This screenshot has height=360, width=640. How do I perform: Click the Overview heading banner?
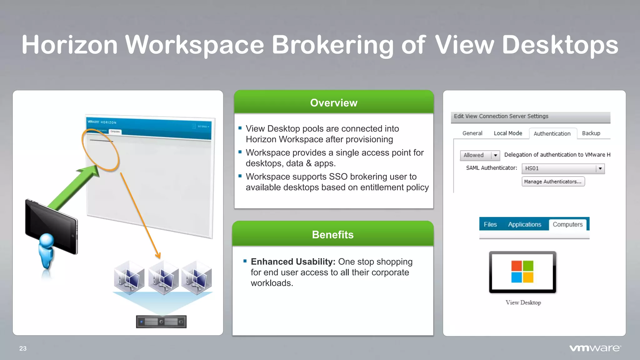pyautogui.click(x=333, y=102)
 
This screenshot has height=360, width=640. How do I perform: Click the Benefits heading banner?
pyautogui.click(x=332, y=234)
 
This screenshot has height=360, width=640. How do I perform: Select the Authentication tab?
pyautogui.click(x=552, y=133)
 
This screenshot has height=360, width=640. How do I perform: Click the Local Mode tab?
pyautogui.click(x=508, y=133)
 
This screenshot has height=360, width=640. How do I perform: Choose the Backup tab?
pyautogui.click(x=591, y=133)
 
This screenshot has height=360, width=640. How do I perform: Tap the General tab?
pyautogui.click(x=472, y=133)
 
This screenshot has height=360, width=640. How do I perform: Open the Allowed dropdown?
pyautogui.click(x=480, y=155)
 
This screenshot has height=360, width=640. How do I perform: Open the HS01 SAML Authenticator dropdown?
pyautogui.click(x=563, y=168)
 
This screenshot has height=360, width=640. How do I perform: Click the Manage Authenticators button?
pyautogui.click(x=553, y=182)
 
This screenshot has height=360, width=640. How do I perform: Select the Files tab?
pyautogui.click(x=490, y=224)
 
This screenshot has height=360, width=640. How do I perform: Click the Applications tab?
pyautogui.click(x=524, y=224)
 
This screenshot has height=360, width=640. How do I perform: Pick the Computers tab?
pyautogui.click(x=567, y=224)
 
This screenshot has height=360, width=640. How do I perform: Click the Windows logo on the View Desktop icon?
pyautogui.click(x=522, y=272)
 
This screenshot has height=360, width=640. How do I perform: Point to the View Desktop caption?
pyautogui.click(x=523, y=302)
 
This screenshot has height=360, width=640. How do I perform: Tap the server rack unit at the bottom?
pyautogui.click(x=161, y=322)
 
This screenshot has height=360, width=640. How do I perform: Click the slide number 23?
pyautogui.click(x=23, y=348)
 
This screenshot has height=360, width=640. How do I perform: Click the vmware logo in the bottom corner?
pyautogui.click(x=595, y=348)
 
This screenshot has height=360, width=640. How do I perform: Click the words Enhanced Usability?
pyautogui.click(x=293, y=262)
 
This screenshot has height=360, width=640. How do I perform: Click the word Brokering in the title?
pyautogui.click(x=332, y=45)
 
